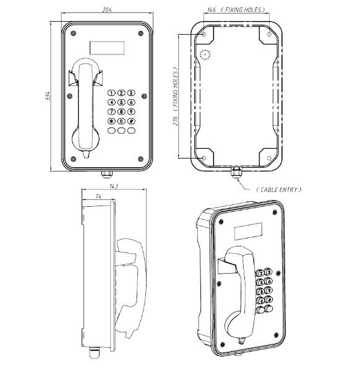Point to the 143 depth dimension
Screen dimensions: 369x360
click(113, 186)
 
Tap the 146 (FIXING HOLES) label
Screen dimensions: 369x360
click(236, 11)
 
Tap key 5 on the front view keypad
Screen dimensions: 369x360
click(122, 102)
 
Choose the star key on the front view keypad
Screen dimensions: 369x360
click(112, 121)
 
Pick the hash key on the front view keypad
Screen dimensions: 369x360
click(132, 121)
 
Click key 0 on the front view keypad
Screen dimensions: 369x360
click(122, 121)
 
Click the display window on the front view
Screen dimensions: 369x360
click(107, 48)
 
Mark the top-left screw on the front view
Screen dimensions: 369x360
click(74, 33)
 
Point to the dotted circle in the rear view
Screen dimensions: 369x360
click(205, 54)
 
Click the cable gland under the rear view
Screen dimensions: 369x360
click(235, 171)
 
